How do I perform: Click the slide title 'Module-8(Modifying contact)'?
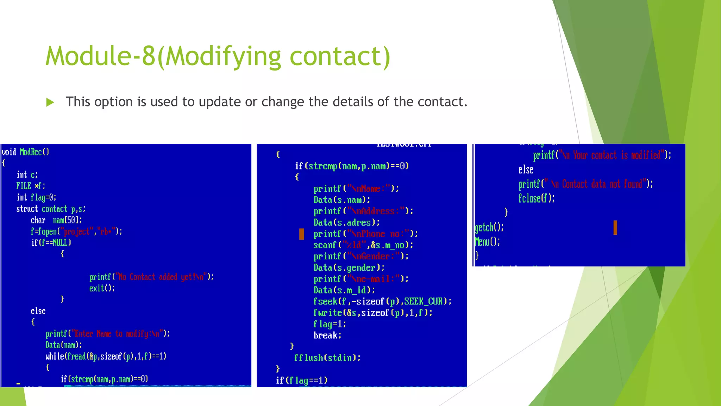[x=218, y=56]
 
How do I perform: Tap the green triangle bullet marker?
[x=50, y=103]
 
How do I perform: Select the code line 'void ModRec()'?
[x=25, y=152]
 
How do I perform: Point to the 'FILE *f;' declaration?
[x=31, y=186]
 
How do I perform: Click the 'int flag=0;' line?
[x=36, y=197]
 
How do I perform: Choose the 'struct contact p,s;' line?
[x=51, y=209]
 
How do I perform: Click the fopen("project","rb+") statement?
[x=76, y=232]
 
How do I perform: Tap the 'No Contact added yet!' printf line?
[x=151, y=277]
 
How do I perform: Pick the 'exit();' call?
[x=102, y=288]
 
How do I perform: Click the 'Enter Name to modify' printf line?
[x=107, y=334]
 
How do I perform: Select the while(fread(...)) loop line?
[x=106, y=356]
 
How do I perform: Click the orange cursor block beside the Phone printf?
[x=302, y=234]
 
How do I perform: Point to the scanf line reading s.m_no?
[x=363, y=245]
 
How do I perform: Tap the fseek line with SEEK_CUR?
[x=382, y=301]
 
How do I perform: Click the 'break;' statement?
[x=327, y=335]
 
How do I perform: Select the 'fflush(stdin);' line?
[x=327, y=358]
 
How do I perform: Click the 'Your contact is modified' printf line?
[x=602, y=155]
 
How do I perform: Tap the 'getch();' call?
[x=489, y=227]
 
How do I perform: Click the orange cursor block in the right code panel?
[x=615, y=228]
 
